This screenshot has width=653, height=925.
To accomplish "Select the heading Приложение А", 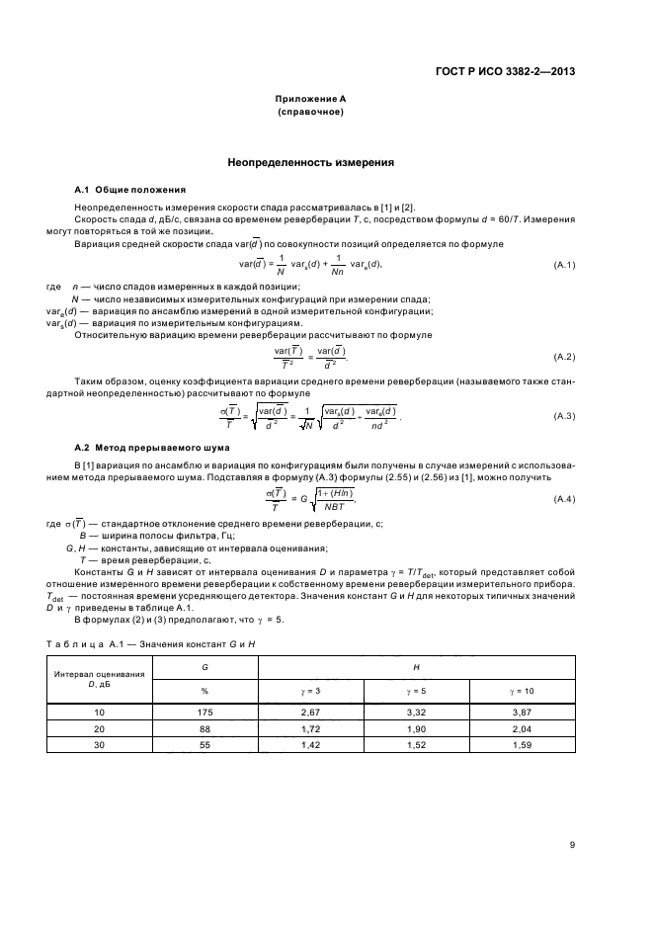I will [310, 100].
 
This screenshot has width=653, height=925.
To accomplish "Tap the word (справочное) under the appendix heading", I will [310, 113].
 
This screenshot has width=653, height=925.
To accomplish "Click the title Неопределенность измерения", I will [310, 161].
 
